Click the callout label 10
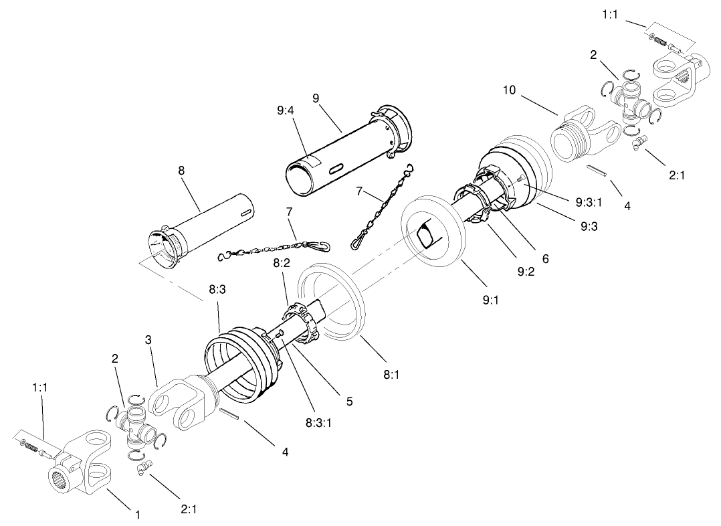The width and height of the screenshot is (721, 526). [510, 89]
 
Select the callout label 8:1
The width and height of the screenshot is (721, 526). [392, 375]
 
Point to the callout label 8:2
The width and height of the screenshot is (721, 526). [281, 265]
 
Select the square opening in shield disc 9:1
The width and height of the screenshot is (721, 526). [424, 234]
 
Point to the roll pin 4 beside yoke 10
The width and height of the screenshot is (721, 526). [597, 171]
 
